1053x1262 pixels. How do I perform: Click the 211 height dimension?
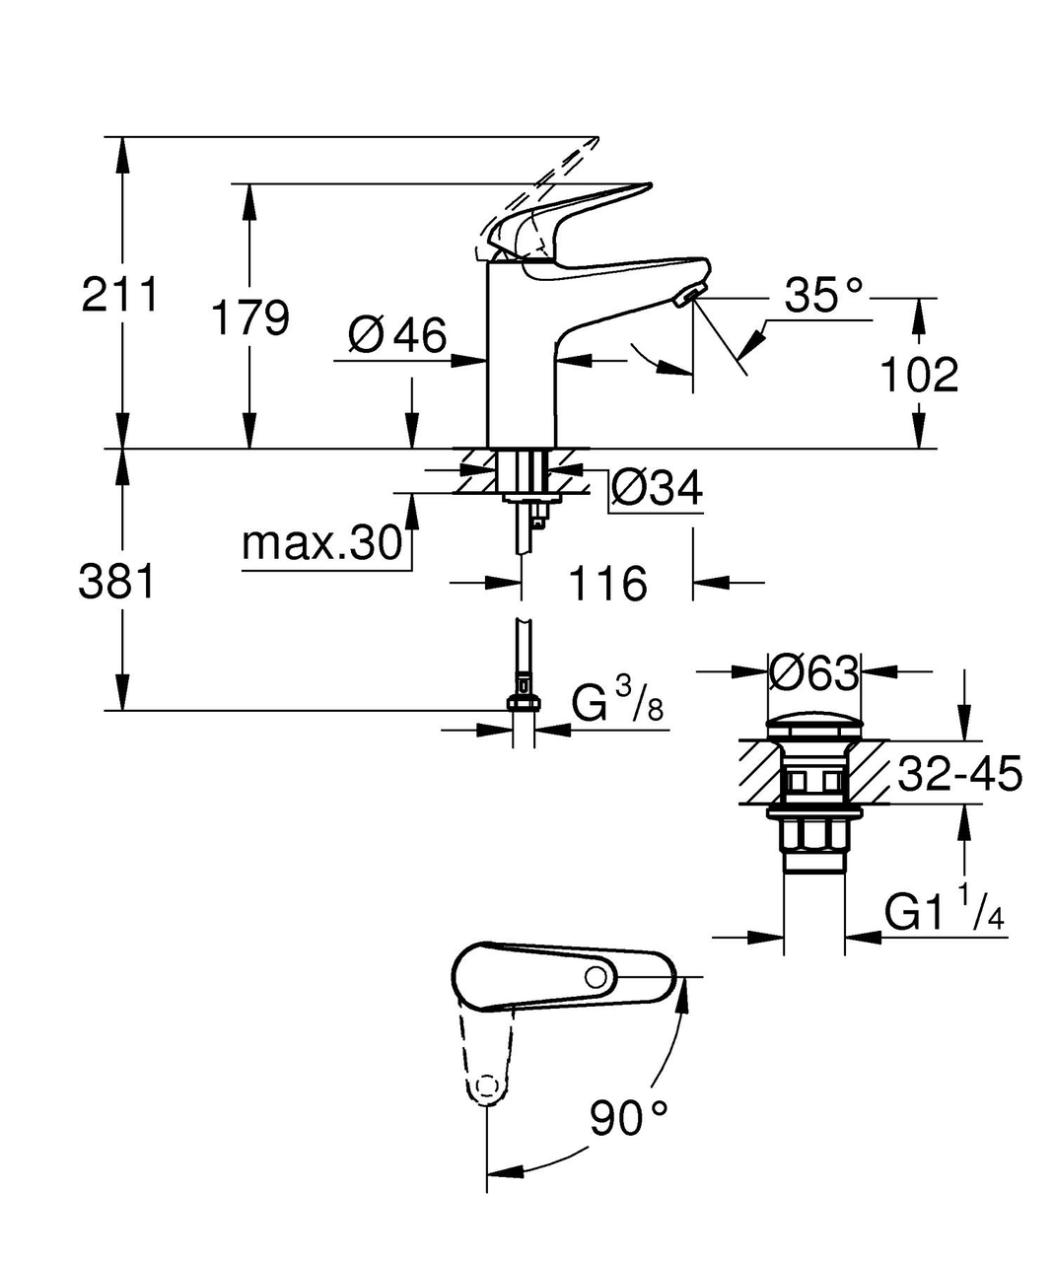coord(119,295)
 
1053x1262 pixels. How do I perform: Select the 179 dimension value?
coord(250,317)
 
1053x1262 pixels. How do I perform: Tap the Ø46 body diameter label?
coord(397,336)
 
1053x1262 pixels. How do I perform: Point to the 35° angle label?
coord(824,294)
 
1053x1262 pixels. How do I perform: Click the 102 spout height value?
coord(918,376)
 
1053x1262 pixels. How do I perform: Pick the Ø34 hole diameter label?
coord(657,487)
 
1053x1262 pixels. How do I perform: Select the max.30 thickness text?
coord(321,543)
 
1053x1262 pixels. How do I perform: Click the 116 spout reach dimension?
coord(606,584)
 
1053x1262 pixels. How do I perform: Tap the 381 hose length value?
coord(117,582)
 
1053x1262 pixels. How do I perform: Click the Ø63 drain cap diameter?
coord(813,673)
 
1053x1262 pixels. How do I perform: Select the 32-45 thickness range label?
coord(958,775)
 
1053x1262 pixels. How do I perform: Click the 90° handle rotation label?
coord(629,1117)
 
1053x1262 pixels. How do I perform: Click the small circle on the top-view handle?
coord(596,977)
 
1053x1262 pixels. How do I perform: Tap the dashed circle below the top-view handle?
coord(485,1087)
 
